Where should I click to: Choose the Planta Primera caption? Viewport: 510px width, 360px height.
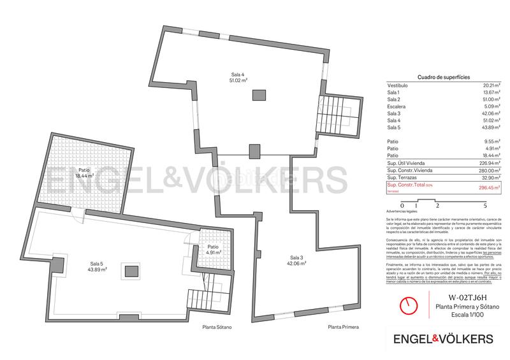343,327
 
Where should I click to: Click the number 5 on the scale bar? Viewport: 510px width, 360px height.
485,206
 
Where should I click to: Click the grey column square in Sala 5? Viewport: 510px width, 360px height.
133,272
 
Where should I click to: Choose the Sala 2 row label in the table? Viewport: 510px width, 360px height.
393,99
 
